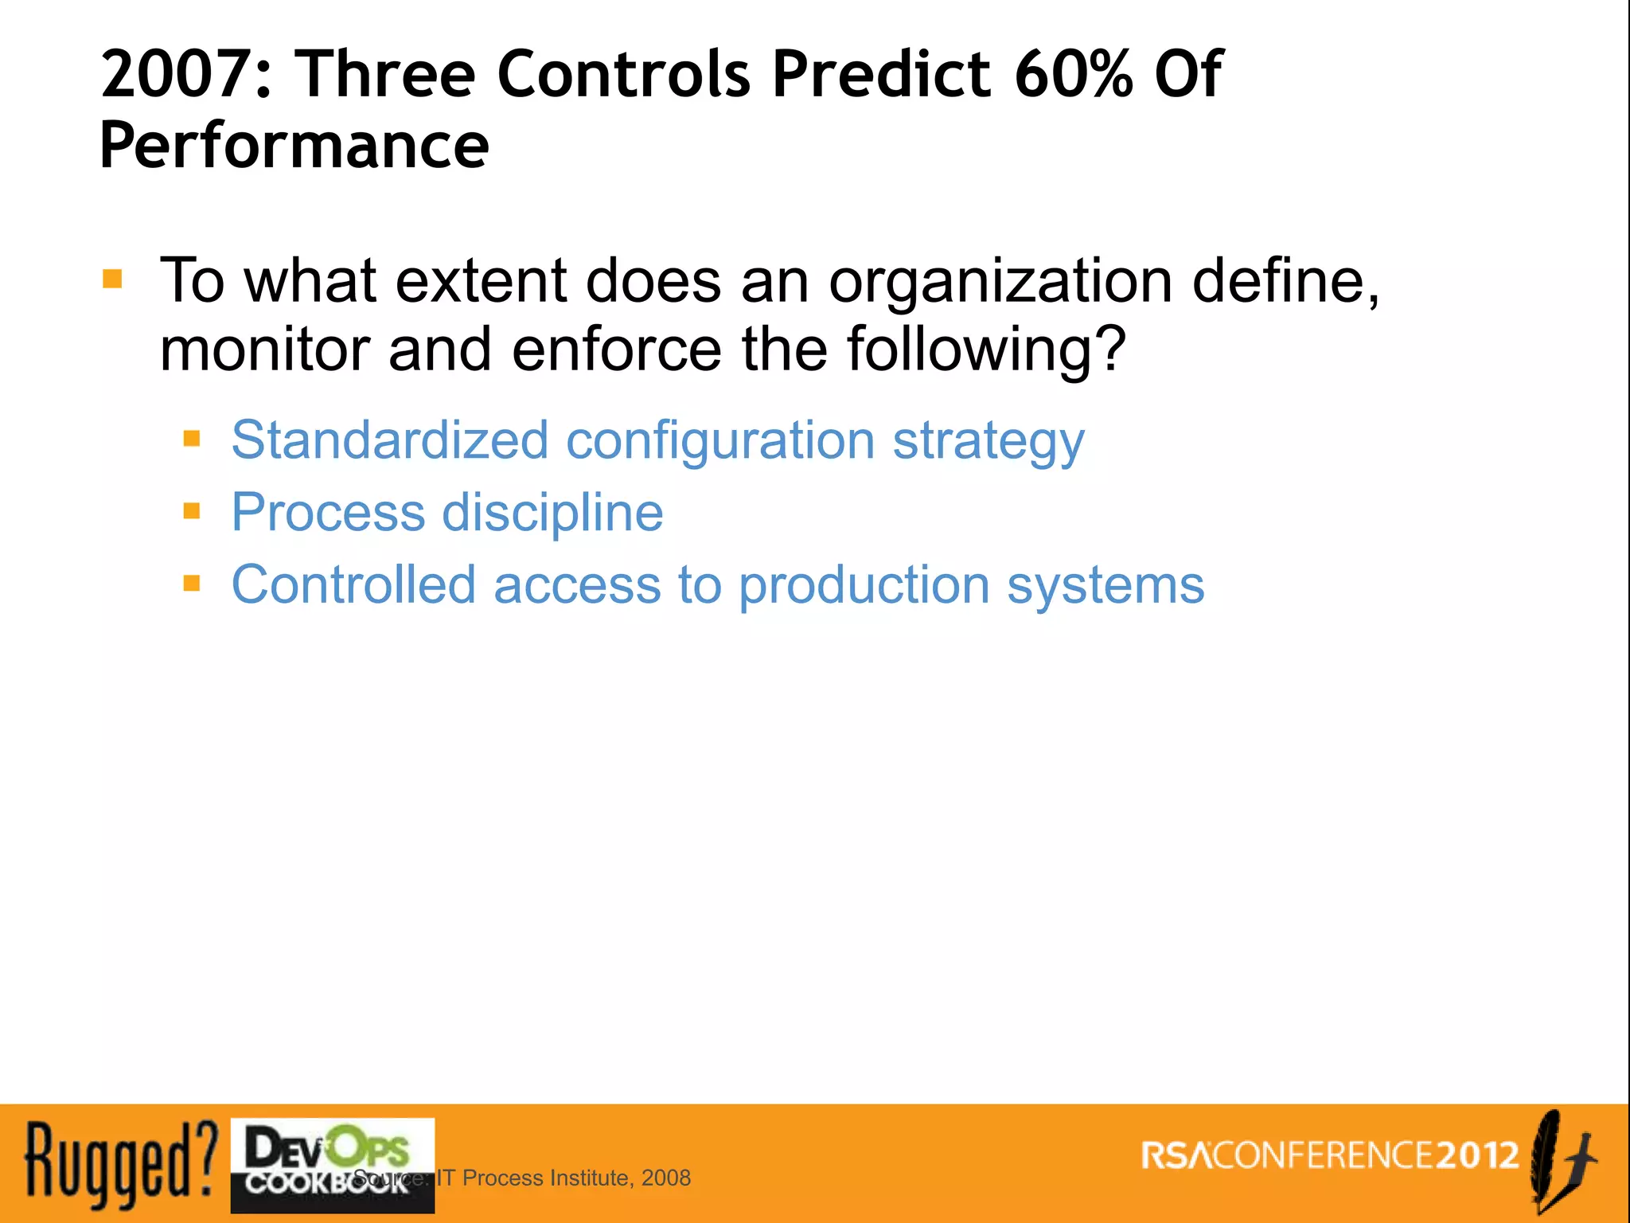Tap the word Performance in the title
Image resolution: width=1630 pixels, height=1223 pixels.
pyautogui.click(x=294, y=146)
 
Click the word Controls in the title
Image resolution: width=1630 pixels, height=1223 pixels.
pyautogui.click(x=623, y=74)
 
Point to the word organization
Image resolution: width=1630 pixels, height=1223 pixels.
pyautogui.click(x=1000, y=283)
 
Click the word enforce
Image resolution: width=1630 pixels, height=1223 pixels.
pyautogui.click(x=616, y=350)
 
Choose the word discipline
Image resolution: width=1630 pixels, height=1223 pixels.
pyautogui.click(x=552, y=513)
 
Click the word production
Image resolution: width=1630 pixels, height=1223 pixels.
pyautogui.click(x=864, y=586)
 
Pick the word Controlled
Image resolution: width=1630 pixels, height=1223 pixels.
pyautogui.click(x=353, y=584)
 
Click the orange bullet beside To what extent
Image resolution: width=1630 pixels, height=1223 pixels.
pyautogui.click(x=112, y=279)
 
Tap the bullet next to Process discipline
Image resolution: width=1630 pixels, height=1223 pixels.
pyautogui.click(x=192, y=510)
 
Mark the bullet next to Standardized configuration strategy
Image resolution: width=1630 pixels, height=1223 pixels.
pyautogui.click(x=192, y=438)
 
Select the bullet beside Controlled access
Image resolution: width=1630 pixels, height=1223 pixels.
pyautogui.click(x=192, y=584)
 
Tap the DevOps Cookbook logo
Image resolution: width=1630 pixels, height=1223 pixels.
pyautogui.click(x=332, y=1164)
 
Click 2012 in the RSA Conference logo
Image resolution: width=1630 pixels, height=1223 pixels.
pyautogui.click(x=1478, y=1155)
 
